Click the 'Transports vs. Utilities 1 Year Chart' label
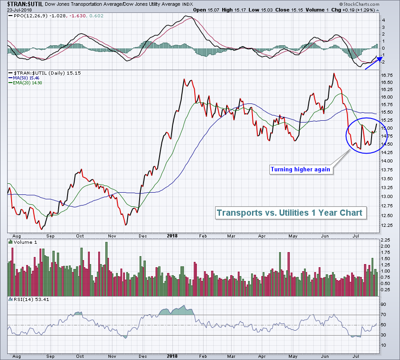click(x=289, y=213)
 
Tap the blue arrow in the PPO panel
click(x=372, y=63)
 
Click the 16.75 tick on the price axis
click(x=387, y=75)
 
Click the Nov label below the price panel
click(x=112, y=236)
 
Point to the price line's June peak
click(x=333, y=73)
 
